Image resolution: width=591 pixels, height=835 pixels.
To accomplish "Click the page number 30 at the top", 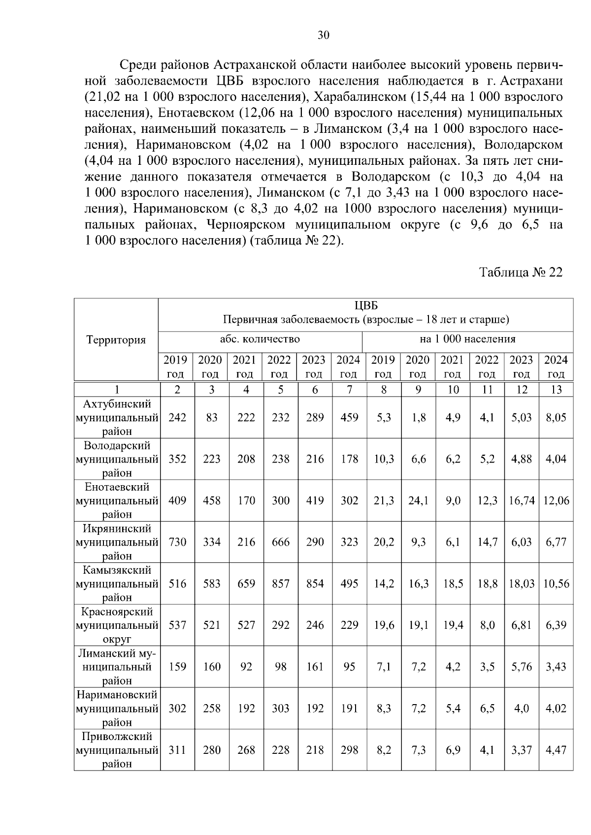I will click(x=323, y=35).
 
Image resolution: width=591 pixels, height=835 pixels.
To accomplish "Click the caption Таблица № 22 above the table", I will click(x=521, y=273).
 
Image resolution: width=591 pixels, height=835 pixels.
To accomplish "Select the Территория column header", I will click(x=116, y=340).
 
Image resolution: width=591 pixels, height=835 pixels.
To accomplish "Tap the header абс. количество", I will click(x=260, y=339).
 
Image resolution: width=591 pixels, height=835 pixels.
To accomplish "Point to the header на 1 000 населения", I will click(x=467, y=339).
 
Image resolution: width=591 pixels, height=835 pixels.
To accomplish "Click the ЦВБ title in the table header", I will click(x=366, y=306).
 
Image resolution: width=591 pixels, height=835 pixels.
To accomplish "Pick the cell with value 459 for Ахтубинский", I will click(x=349, y=418).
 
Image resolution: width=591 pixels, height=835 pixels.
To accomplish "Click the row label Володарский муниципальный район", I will click(x=117, y=459).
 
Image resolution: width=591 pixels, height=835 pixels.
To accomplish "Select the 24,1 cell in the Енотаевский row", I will click(x=418, y=501).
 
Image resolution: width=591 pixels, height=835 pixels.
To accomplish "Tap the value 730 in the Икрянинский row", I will click(x=177, y=542).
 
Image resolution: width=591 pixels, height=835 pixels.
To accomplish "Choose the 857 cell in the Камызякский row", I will click(x=281, y=584).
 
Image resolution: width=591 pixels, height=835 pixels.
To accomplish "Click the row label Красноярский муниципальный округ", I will click(x=117, y=625).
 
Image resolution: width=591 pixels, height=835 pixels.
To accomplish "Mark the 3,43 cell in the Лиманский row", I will click(x=556, y=667).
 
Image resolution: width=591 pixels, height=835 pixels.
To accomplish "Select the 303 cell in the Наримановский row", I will click(x=281, y=709).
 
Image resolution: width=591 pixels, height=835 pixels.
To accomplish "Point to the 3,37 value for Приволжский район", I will click(x=522, y=750).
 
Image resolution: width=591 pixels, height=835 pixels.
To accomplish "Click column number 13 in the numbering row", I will click(x=556, y=390).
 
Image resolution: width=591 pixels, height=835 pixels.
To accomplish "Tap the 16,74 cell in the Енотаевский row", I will click(x=522, y=501).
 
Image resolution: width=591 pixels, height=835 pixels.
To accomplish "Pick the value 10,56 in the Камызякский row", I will click(x=556, y=584).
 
